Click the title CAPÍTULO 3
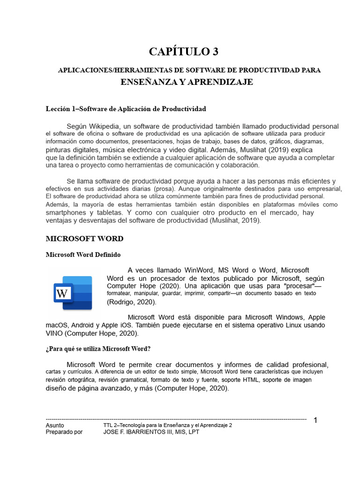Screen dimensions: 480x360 183,52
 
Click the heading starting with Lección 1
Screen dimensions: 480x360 126,109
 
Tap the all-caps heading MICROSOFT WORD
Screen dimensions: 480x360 84,239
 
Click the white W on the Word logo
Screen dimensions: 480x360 62,294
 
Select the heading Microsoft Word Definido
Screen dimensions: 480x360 82,255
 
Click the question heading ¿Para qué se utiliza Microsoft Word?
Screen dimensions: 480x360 98,349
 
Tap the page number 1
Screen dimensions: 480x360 315,420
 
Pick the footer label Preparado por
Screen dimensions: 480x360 64,432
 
